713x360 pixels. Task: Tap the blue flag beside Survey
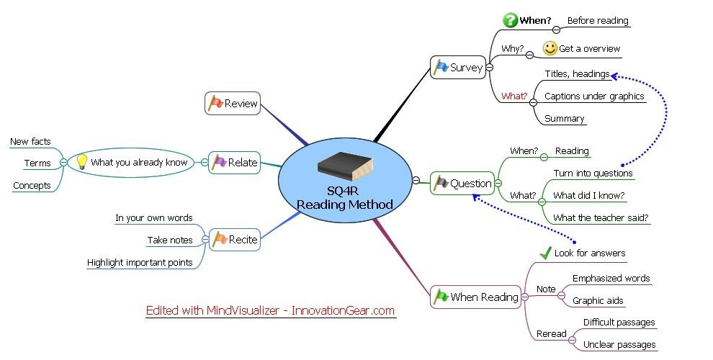441,67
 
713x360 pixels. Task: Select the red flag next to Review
215,103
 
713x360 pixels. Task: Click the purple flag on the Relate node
219,162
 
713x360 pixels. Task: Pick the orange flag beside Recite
220,239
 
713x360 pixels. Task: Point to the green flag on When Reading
441,297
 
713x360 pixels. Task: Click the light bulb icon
82,162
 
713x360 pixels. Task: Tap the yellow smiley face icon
550,48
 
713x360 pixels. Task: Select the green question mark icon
510,20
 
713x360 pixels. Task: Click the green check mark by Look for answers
546,253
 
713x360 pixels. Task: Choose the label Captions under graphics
594,96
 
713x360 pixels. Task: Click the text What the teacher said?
601,217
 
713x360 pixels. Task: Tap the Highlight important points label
140,262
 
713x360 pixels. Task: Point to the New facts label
30,141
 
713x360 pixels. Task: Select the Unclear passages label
619,345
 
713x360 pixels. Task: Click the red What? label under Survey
514,96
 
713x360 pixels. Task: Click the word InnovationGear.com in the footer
343,310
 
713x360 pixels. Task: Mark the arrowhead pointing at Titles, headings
614,76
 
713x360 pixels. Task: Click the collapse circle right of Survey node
490,67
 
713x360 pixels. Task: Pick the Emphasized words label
611,278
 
